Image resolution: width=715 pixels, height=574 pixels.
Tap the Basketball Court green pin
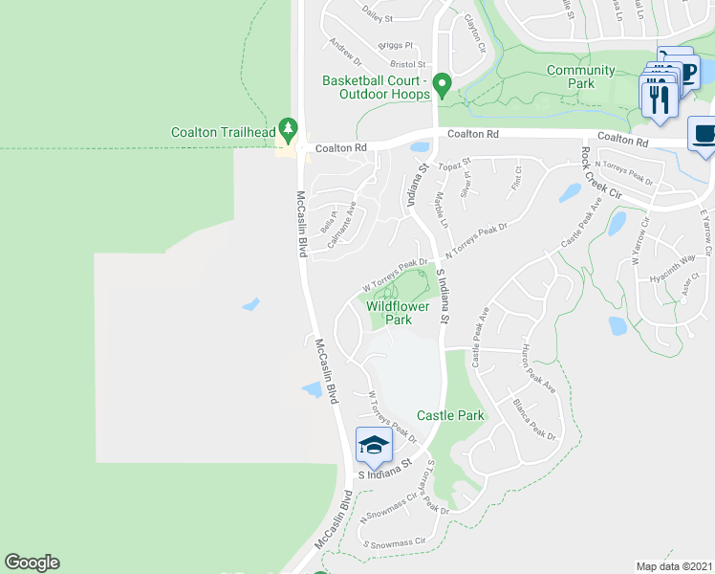tap(442, 85)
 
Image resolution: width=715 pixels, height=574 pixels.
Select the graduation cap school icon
tap(373, 444)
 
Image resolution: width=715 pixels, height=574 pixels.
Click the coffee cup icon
tap(704, 134)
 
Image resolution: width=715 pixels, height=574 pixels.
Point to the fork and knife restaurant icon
tap(659, 99)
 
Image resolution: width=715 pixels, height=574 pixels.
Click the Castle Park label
tap(450, 415)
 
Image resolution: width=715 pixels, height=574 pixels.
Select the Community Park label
tap(581, 77)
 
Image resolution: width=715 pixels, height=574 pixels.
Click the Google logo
tap(32, 563)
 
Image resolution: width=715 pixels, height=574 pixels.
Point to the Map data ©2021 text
tap(674, 565)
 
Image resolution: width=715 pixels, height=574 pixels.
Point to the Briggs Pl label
tap(394, 45)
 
